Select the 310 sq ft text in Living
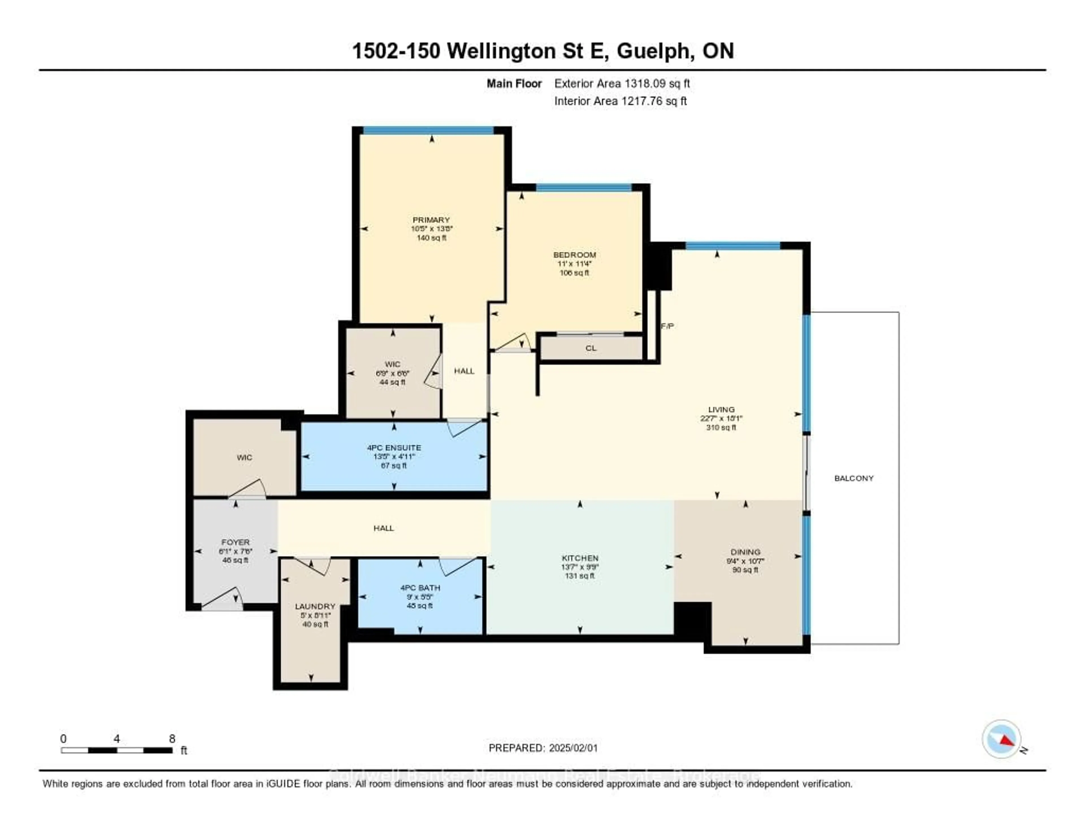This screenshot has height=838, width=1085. (x=721, y=427)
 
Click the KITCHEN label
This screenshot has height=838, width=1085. (x=580, y=558)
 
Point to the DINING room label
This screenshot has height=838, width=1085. (x=745, y=552)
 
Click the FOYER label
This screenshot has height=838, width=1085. (x=235, y=542)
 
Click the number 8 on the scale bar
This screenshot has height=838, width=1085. (x=172, y=739)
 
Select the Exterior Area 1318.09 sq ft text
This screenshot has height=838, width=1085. (x=622, y=83)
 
